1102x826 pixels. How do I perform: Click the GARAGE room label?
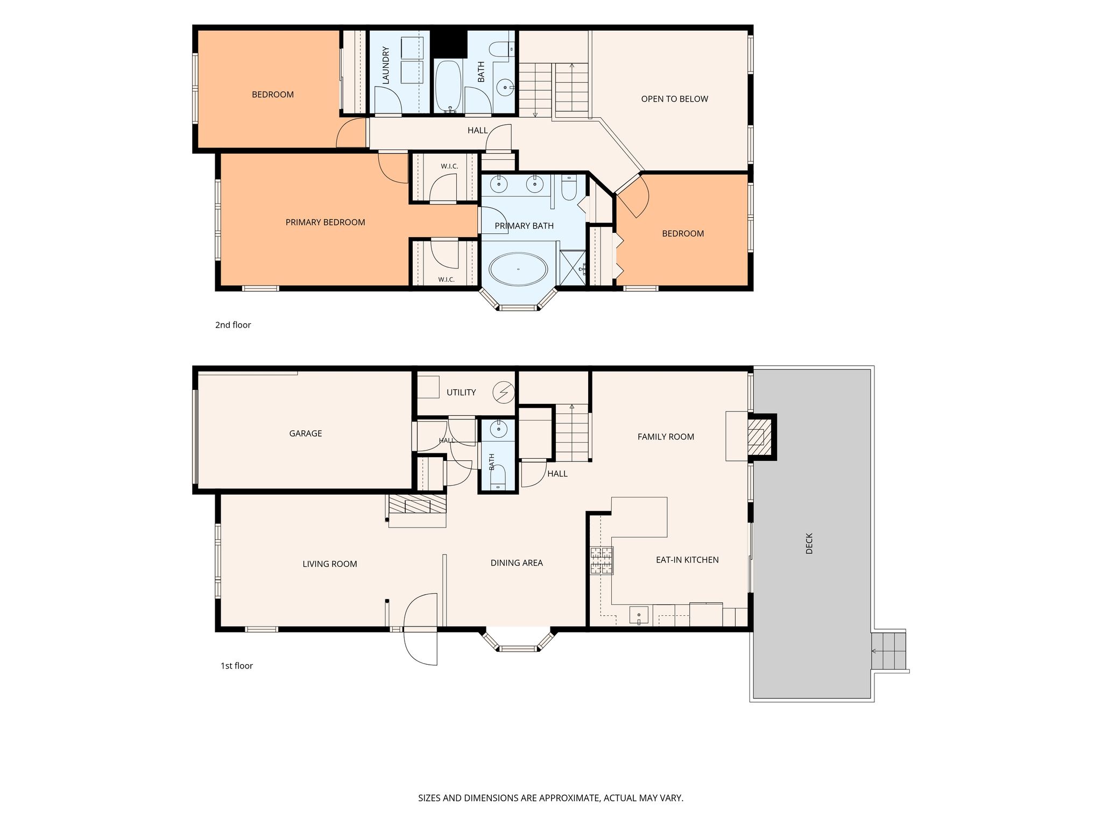pos(305,433)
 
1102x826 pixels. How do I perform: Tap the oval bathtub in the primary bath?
pos(518,269)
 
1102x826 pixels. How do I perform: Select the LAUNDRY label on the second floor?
pos(385,66)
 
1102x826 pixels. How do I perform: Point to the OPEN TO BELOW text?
pos(674,99)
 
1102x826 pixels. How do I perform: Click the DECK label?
pos(809,543)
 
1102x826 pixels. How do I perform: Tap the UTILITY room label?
pos(461,393)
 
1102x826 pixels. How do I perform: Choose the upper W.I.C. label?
pos(449,166)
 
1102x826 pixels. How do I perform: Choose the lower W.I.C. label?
pos(446,280)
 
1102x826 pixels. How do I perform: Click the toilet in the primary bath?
pos(569,187)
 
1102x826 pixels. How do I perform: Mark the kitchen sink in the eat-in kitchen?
pos(639,615)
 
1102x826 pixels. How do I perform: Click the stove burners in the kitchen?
pos(602,561)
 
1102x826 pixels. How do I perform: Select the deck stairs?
pos(889,651)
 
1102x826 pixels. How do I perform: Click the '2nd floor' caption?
pos(233,325)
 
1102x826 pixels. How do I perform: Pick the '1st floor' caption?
pos(237,666)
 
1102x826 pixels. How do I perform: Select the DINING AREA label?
pos(517,563)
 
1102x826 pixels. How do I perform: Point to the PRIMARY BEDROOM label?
pos(325,222)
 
